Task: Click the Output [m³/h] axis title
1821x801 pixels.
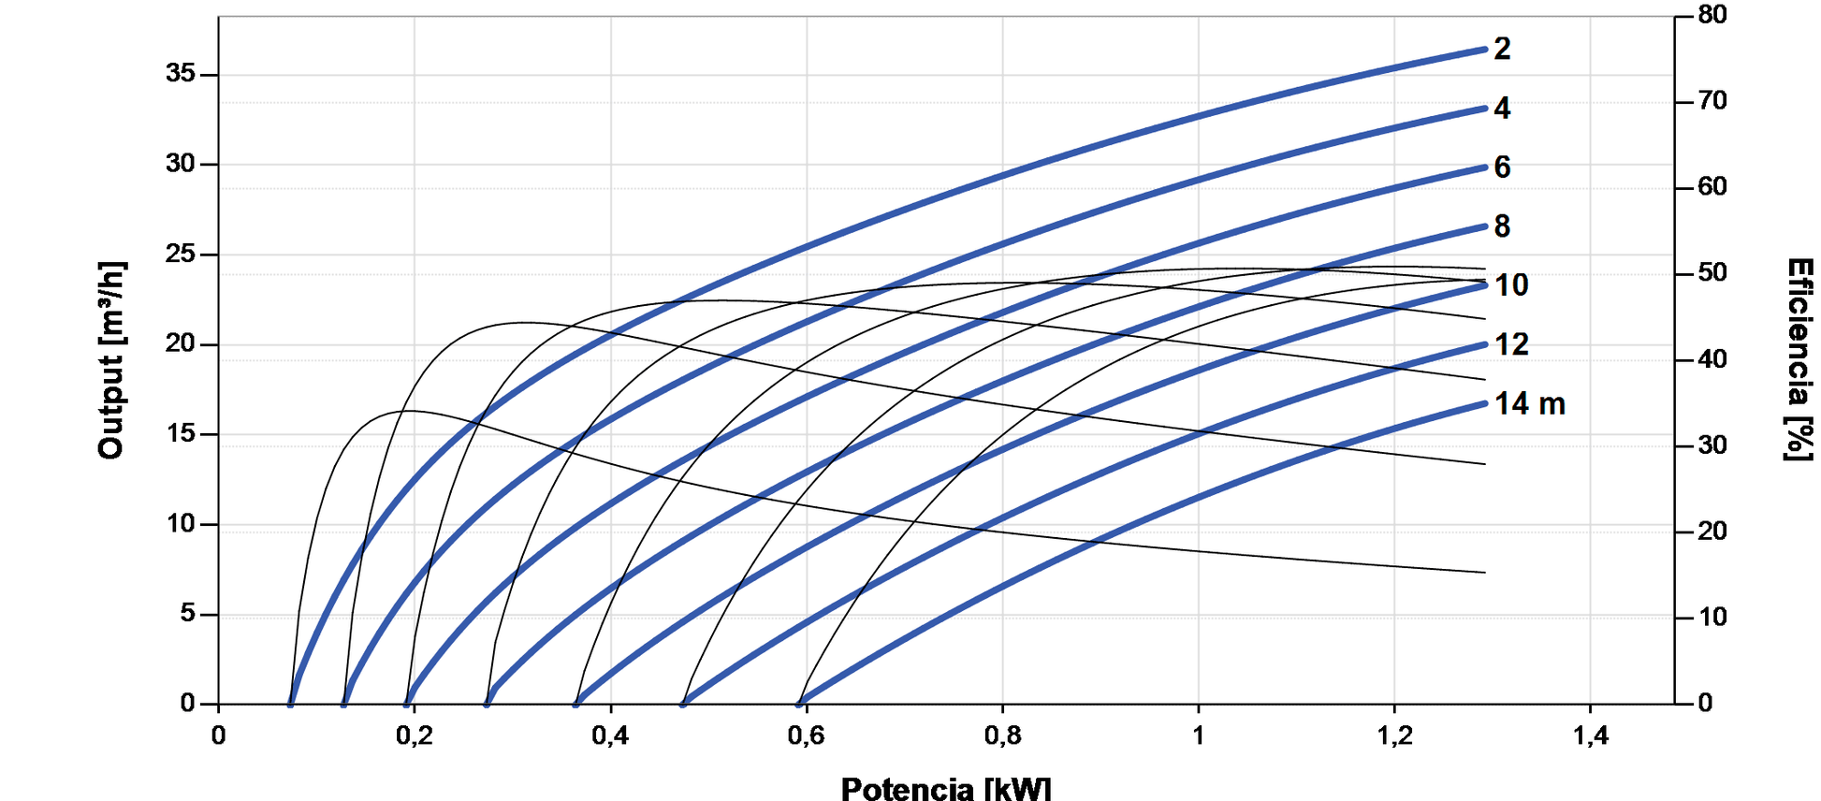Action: point(110,360)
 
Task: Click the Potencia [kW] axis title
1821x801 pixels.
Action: point(945,789)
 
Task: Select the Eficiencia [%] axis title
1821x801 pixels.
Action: point(1799,360)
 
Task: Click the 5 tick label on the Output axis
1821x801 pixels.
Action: point(188,614)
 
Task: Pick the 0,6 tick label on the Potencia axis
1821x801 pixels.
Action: point(806,736)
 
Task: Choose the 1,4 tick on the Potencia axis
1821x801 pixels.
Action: point(1590,736)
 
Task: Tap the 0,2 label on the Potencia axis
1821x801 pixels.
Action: point(414,736)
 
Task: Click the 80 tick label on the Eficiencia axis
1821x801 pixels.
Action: point(1712,15)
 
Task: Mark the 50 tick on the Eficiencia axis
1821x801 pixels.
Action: point(1712,273)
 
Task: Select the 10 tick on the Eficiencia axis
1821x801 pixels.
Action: point(1712,618)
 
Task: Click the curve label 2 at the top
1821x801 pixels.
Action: point(1502,49)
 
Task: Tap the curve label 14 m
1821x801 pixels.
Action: point(1529,404)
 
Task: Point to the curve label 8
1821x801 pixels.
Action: point(1502,226)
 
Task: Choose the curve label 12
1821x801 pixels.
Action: point(1511,345)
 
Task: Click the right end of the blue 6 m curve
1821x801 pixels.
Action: point(1485,167)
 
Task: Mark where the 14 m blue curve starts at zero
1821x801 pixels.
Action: point(800,703)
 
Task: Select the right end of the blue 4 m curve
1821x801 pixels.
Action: point(1485,109)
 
